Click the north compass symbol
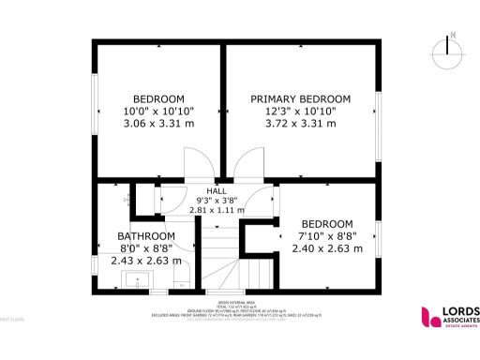(x=452, y=47)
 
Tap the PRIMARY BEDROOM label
(x=300, y=98)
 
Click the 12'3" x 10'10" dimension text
(x=300, y=111)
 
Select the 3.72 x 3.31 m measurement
(x=300, y=123)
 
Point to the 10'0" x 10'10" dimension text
(x=158, y=111)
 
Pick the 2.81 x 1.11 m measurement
(x=217, y=210)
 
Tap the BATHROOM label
(x=145, y=236)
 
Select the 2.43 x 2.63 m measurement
(x=145, y=261)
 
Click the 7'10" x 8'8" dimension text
(x=326, y=236)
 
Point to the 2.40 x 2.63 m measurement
(x=326, y=249)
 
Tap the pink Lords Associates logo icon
(x=429, y=317)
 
